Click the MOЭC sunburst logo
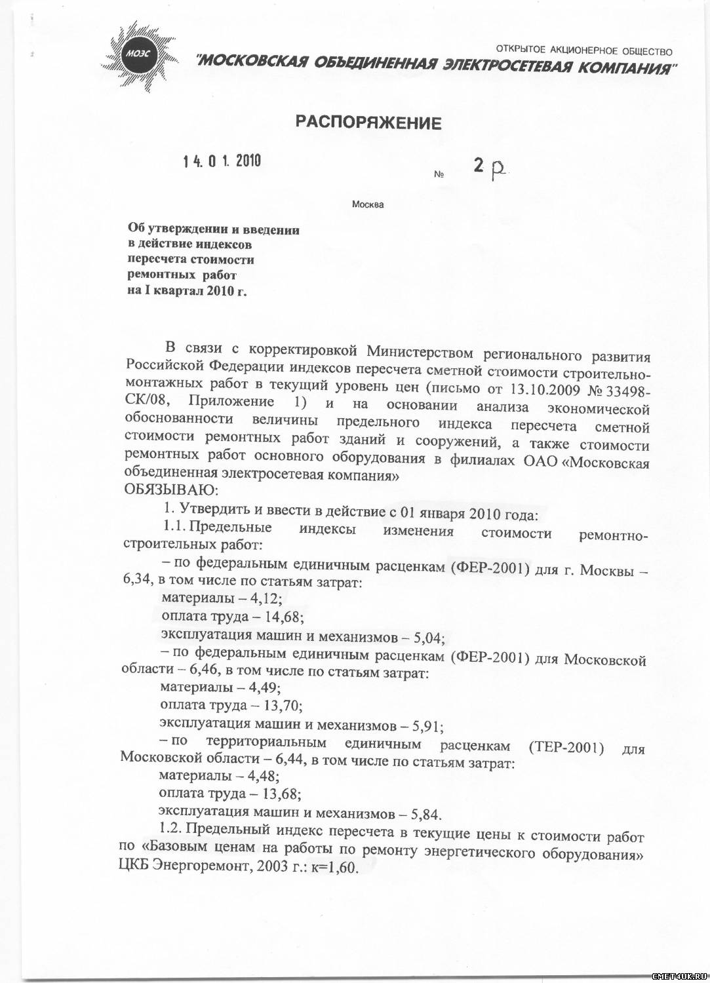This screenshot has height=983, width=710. (x=140, y=54)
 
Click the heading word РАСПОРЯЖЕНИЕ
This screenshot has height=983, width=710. (x=368, y=123)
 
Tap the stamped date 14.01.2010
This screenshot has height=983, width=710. (x=222, y=161)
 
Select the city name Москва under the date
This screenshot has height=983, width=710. (x=368, y=204)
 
